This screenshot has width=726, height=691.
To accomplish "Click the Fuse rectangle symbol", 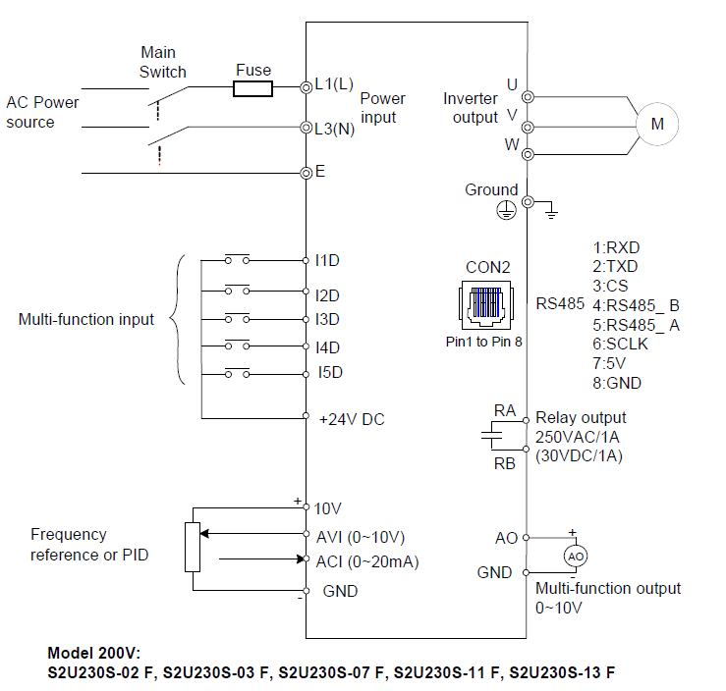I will pos(252,89).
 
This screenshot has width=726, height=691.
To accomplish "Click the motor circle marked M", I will pos(658,124).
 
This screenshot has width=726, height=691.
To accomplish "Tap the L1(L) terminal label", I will pos(334,84).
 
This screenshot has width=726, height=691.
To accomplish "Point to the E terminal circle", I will pos(306,172).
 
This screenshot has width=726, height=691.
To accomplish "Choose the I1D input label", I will pos(327,260).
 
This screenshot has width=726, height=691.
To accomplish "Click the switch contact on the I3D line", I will pos(236,319).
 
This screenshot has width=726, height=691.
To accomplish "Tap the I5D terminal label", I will pos(329,373).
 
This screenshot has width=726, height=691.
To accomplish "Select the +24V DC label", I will pos(352,419).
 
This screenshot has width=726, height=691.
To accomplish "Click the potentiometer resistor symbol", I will pos(193,548).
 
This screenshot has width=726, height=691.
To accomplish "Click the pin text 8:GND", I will pos(616,383).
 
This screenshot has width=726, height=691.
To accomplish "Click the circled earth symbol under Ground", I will pos(505,208).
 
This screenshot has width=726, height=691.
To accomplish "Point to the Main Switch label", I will pos(162,62).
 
